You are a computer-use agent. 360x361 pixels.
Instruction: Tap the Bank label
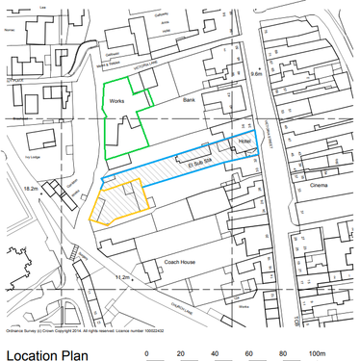point(189,99)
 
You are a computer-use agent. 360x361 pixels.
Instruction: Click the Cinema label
point(318,185)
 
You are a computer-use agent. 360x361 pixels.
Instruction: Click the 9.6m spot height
point(254,73)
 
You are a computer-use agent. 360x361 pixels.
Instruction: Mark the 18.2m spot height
point(31,189)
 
